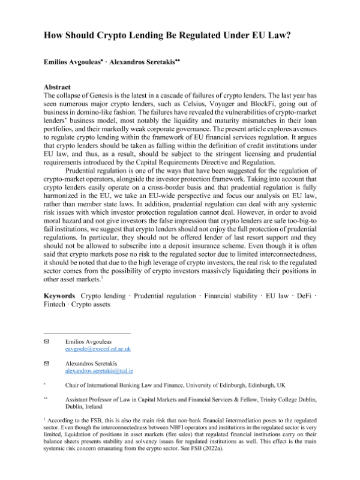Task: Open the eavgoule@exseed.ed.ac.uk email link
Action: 98,349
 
